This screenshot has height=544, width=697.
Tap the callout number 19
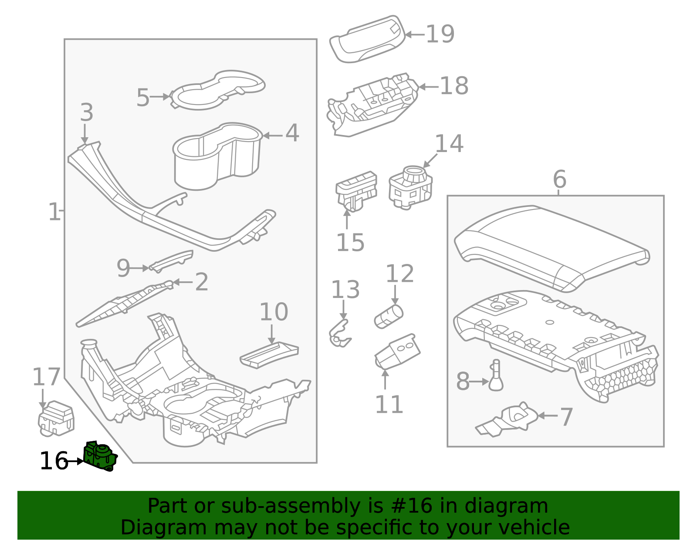440,34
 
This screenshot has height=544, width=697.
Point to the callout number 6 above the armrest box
559,179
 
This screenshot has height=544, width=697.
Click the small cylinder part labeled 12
389,315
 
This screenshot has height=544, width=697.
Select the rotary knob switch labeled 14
411,187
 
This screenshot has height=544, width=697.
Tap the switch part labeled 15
355,192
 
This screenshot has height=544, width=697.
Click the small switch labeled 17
56,419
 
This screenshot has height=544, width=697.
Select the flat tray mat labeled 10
269,355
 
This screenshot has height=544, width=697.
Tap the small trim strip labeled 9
172,260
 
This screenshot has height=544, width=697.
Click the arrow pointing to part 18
428,87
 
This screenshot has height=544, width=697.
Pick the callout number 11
389,405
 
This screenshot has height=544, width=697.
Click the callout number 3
86,112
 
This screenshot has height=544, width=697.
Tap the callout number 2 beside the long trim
201,282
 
